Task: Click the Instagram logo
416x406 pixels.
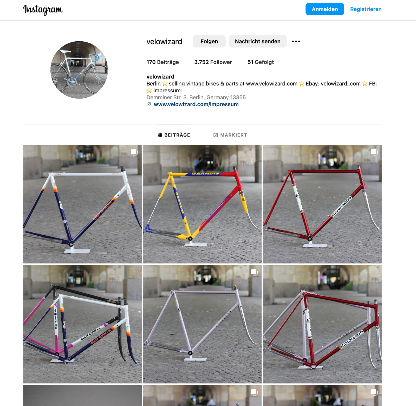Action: point(43,10)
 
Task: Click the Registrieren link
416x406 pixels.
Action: point(366,9)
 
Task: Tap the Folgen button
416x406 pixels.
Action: point(209,41)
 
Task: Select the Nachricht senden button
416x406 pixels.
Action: point(258,41)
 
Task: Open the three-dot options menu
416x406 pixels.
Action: point(296,41)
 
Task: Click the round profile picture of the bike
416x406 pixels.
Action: point(79,70)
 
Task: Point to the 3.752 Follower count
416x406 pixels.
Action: point(213,62)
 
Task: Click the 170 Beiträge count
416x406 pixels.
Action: point(162,62)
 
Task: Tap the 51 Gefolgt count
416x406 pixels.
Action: point(261,62)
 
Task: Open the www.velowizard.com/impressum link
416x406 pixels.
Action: point(196,104)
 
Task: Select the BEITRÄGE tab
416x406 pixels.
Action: point(174,135)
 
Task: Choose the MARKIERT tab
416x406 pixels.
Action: point(230,135)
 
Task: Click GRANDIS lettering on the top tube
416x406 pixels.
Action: point(206,173)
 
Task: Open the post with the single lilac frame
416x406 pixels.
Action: point(202,324)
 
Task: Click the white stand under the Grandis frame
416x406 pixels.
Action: point(196,244)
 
